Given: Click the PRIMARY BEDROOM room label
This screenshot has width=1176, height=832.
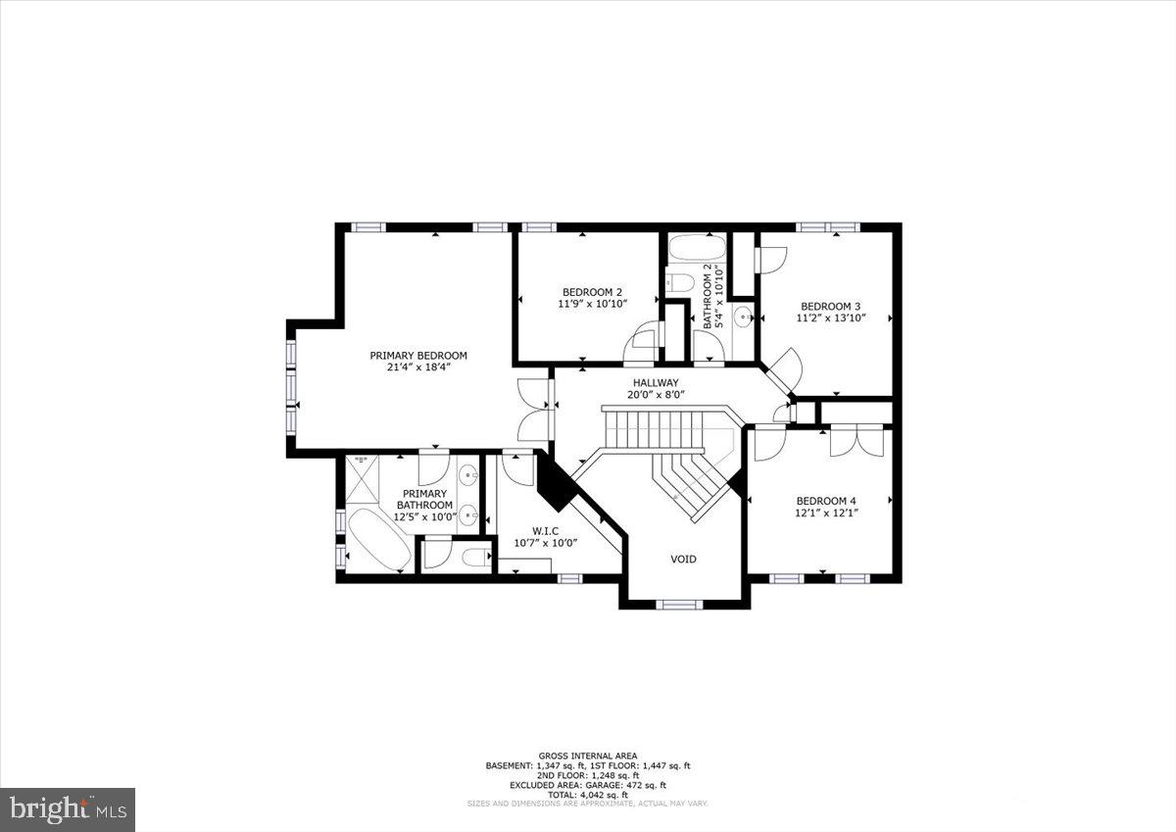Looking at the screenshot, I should point(417,356).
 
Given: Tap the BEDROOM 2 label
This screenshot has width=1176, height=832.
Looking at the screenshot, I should point(592,292).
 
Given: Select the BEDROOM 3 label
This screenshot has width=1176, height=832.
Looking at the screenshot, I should point(830,305).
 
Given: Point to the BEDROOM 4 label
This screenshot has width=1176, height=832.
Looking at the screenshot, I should point(825,498).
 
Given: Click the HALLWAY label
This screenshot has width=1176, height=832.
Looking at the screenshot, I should point(656,383).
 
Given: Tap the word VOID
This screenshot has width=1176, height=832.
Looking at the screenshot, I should point(683,559).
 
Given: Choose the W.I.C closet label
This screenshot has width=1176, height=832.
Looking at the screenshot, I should point(546,530).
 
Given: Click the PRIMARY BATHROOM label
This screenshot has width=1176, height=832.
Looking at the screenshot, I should point(424,500).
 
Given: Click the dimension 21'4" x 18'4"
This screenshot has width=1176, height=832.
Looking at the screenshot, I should point(417,367).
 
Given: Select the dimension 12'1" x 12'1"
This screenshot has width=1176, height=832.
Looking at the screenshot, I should point(825,512).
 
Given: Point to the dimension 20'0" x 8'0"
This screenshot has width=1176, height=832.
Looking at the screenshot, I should point(656,395).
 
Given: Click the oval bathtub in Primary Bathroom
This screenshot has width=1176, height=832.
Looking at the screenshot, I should point(377,539).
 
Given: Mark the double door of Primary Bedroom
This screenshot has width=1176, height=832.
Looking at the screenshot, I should point(535,412).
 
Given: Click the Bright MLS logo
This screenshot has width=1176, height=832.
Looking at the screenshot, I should point(68,809).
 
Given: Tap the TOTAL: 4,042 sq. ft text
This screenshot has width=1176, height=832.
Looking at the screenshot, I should point(588,794).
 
